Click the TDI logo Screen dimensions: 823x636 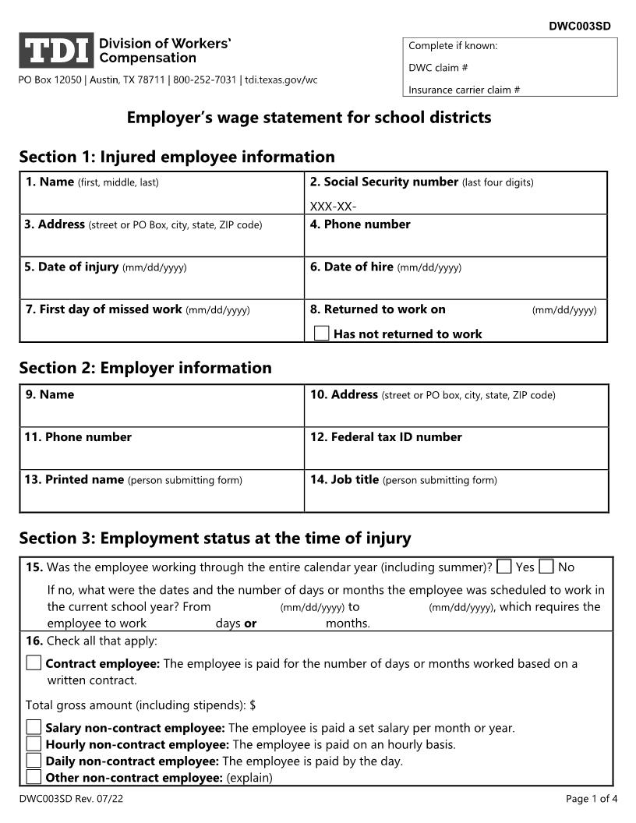coord(56,51)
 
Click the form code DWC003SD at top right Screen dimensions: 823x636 coord(579,26)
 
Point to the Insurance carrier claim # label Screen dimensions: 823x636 coord(464,90)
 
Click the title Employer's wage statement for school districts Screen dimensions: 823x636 coord(309,118)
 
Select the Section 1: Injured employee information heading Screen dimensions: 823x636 coord(177,157)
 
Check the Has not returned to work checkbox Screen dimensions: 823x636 coord(321,334)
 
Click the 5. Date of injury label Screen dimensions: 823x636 coord(71,267)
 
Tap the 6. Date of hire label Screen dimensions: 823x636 coord(352,267)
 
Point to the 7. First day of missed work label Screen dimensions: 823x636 coord(104,309)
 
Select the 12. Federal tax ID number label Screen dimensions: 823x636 coord(386,437)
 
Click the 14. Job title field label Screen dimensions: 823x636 coord(344,480)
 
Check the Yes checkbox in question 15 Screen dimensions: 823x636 coord(504,567)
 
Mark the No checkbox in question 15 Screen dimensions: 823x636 coord(546,567)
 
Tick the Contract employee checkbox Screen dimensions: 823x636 coord(34,663)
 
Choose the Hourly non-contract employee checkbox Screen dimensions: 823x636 coord(34,744)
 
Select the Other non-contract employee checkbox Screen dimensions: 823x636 coord(34,776)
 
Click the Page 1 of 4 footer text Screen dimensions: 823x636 coord(592,798)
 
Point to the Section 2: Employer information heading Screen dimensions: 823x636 coord(146,368)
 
